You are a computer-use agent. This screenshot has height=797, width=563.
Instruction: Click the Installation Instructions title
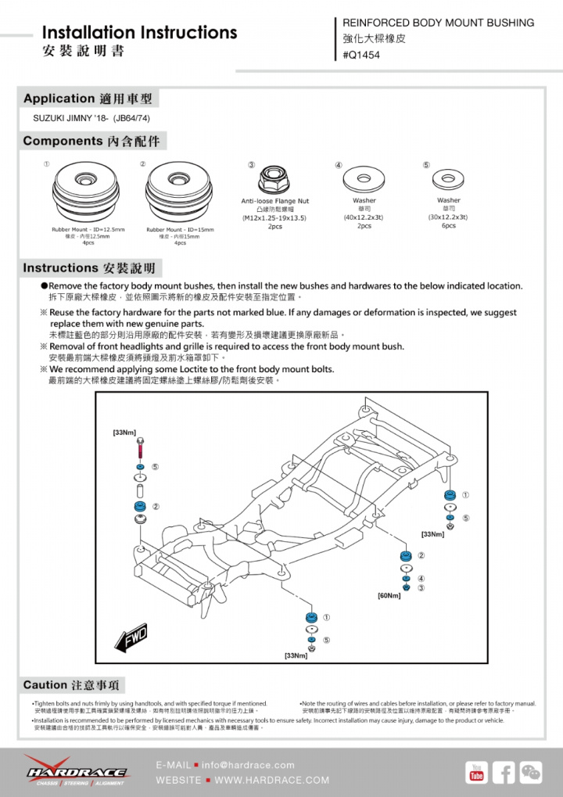point(139,33)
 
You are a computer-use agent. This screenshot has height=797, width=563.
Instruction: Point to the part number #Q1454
point(361,55)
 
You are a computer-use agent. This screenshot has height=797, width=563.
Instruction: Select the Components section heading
point(91,142)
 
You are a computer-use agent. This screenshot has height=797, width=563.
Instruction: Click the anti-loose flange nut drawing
point(275,181)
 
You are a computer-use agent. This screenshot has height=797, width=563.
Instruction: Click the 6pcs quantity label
point(449,226)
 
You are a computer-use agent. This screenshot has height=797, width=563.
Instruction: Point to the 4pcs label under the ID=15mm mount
point(180,243)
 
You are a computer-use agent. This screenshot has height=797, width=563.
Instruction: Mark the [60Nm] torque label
point(389,596)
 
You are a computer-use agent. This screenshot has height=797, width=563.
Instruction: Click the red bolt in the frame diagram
point(139,449)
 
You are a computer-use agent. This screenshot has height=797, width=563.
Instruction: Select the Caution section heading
point(74,685)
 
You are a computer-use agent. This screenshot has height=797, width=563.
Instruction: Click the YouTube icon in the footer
point(476,773)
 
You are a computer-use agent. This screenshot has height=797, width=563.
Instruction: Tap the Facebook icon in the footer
point(504,773)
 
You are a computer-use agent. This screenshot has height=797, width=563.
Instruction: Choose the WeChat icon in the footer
point(531,773)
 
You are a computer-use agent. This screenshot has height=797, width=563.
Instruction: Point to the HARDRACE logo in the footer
point(75,773)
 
